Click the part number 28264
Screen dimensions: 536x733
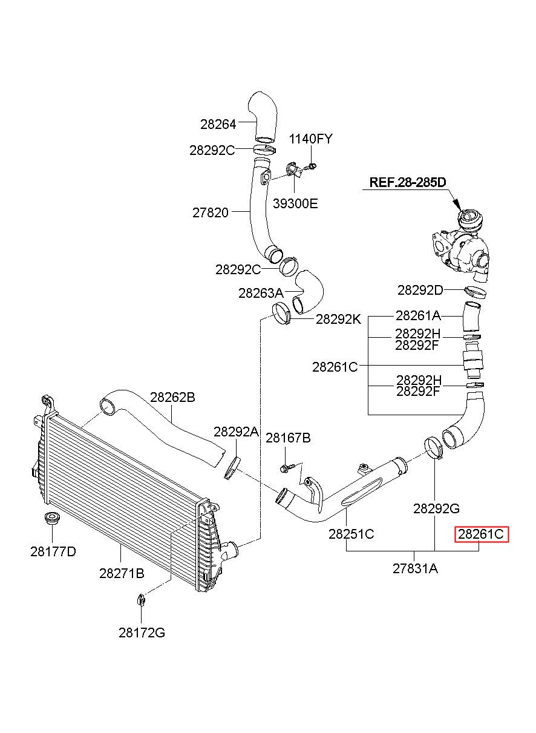tap(218, 124)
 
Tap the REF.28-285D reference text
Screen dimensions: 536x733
tap(408, 182)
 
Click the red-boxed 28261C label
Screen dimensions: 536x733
tap(482, 535)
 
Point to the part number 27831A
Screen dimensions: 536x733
tap(415, 569)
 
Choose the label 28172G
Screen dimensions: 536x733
tap(142, 633)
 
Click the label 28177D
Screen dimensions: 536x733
tap(53, 552)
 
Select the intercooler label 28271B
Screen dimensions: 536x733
tap(122, 574)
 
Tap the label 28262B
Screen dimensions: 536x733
tap(172, 398)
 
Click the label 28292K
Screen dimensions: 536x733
tap(338, 320)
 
